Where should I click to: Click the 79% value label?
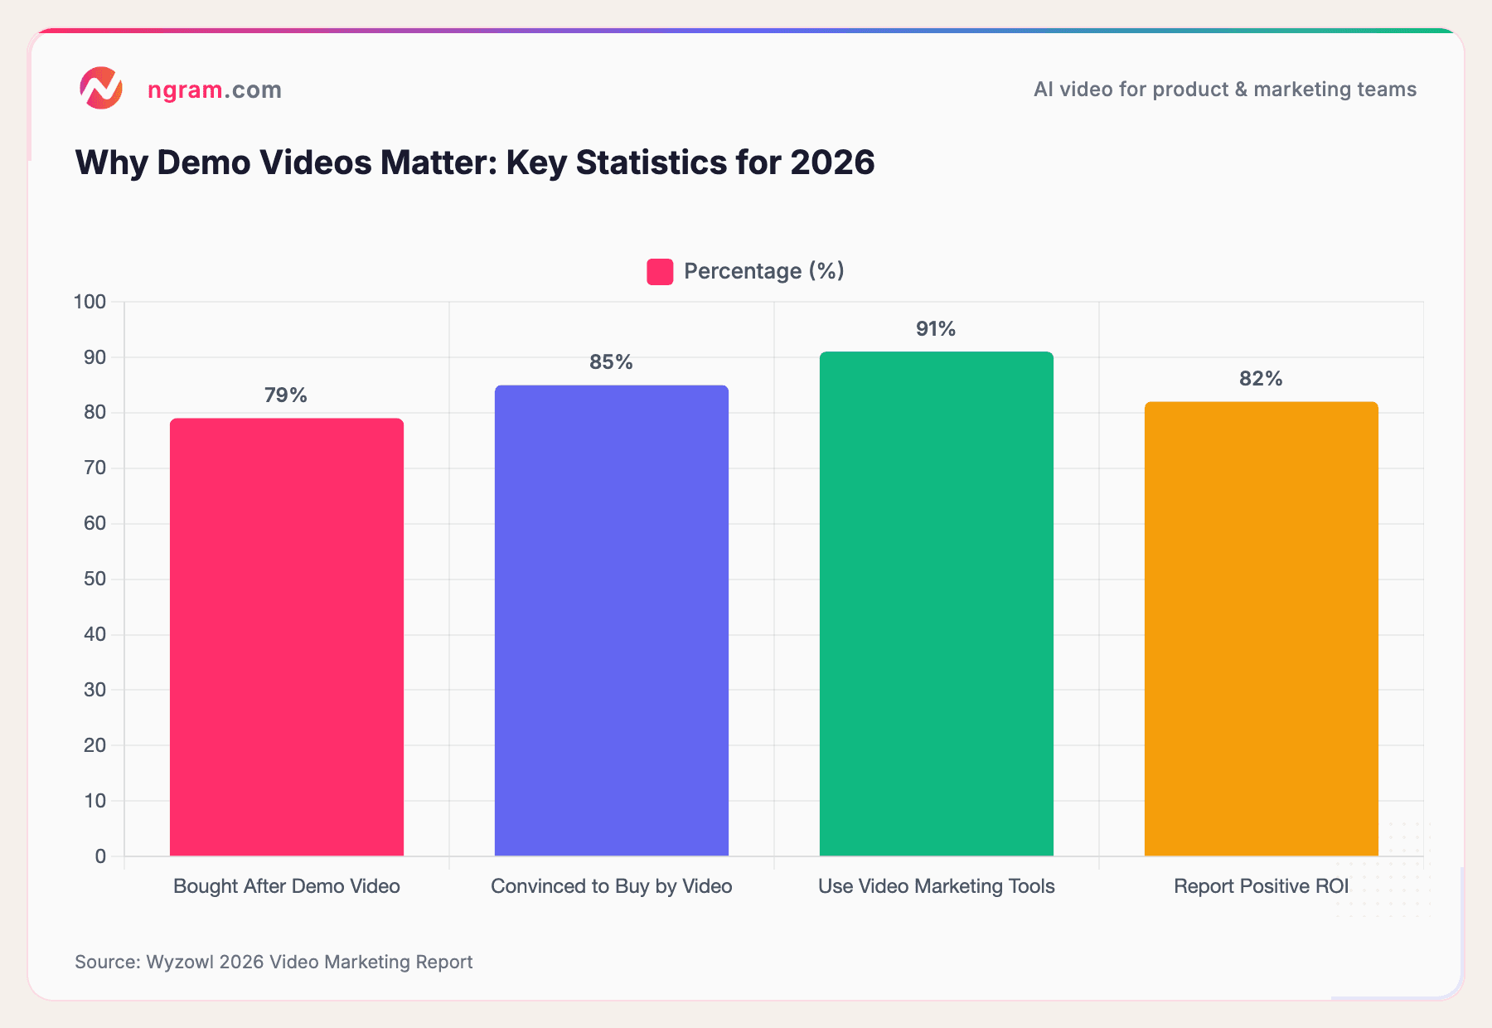(286, 395)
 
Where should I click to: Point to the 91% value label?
(936, 329)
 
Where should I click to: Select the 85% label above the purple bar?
(611, 362)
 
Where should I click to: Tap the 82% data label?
(1261, 379)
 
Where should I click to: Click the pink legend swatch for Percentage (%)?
(660, 272)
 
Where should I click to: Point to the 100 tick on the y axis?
(90, 302)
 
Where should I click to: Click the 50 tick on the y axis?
(95, 579)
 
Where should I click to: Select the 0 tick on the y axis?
(100, 856)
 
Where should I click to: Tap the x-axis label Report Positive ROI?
(1261, 886)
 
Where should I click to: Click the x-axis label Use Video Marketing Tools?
(936, 886)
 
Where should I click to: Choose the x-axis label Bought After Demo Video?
(286, 886)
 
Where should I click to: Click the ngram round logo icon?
(101, 89)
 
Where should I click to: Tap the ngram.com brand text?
(215, 90)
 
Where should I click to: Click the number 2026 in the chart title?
(832, 162)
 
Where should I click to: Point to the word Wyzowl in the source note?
(180, 962)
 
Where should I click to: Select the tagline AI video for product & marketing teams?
(1224, 90)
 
